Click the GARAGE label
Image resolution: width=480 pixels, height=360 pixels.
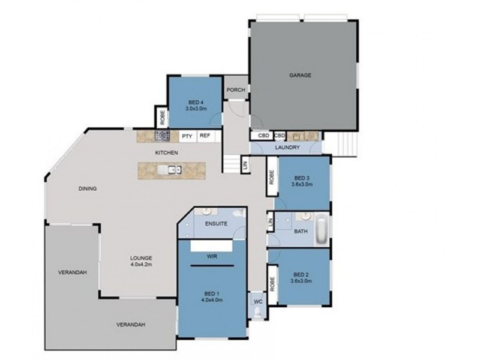point(300,76)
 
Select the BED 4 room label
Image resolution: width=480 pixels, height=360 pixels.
point(196,103)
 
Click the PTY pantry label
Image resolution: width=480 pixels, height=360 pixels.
point(187,136)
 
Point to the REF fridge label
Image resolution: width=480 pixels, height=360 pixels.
point(205,136)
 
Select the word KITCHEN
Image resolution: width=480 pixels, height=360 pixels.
point(166,153)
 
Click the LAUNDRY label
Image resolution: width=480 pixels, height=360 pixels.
point(287,147)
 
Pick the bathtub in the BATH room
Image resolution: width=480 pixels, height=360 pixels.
point(322,229)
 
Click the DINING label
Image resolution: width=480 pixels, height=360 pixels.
point(88,188)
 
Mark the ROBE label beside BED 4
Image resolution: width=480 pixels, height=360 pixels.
point(161,116)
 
